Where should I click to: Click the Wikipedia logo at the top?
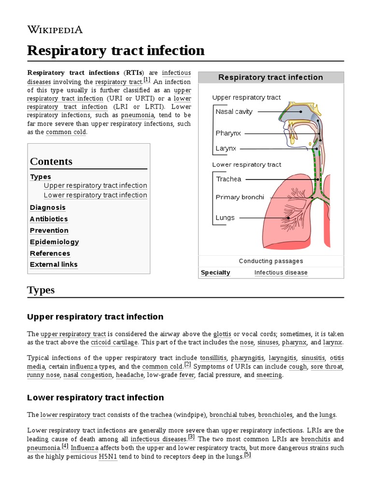tap(55, 29)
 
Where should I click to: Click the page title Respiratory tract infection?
tap(116, 50)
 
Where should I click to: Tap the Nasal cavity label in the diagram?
tap(234, 112)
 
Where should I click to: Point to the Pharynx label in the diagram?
tap(228, 133)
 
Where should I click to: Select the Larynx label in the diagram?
tap(226, 149)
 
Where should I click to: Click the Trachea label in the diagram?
tap(228, 179)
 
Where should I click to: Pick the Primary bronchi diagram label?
tap(240, 197)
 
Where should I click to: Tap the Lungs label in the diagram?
tap(225, 218)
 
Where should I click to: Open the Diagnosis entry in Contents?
tap(48, 207)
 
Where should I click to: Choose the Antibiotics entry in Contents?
tap(49, 219)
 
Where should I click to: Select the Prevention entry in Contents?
tap(49, 231)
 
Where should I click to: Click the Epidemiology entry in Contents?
tap(55, 242)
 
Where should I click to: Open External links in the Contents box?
tap(54, 264)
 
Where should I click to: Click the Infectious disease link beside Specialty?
tap(281, 273)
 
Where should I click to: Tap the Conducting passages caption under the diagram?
tap(271, 261)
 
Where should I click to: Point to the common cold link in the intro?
tap(66, 132)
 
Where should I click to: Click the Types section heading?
tap(41, 290)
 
